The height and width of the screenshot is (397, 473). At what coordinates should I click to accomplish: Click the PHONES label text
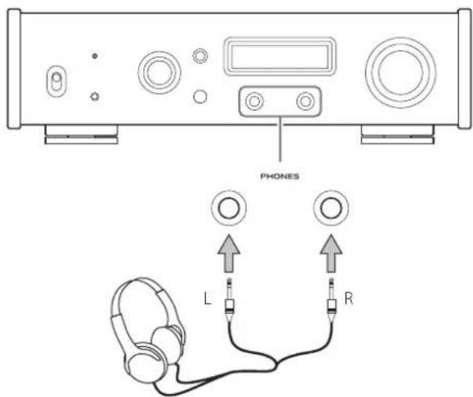pyautogui.click(x=279, y=176)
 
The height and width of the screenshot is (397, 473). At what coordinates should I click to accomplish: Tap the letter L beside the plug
pyautogui.click(x=208, y=299)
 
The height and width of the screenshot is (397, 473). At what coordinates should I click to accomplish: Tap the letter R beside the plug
pyautogui.click(x=348, y=299)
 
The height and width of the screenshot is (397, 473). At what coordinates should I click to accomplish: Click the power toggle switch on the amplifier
pyautogui.click(x=56, y=81)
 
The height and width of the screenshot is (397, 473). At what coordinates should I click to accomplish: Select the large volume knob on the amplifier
pyautogui.click(x=400, y=73)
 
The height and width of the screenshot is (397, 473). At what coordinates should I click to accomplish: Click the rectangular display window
pyautogui.click(x=280, y=56)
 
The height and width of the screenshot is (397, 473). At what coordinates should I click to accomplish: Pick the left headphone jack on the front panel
pyautogui.click(x=254, y=101)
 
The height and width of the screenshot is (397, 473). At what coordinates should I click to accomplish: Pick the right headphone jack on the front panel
pyautogui.click(x=306, y=101)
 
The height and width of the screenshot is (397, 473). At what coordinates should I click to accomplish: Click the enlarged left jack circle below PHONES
pyautogui.click(x=229, y=208)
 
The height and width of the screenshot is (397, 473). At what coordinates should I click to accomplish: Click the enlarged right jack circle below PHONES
pyautogui.click(x=331, y=208)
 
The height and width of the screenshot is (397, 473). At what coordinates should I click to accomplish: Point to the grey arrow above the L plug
pyautogui.click(x=229, y=253)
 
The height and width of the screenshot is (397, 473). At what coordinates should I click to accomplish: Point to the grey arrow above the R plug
pyautogui.click(x=331, y=253)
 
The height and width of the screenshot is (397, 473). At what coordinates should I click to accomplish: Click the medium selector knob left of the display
pyautogui.click(x=159, y=73)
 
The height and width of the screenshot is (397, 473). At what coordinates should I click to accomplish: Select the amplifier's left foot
pyautogui.click(x=81, y=134)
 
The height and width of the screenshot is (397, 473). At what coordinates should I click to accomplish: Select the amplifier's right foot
pyautogui.click(x=397, y=134)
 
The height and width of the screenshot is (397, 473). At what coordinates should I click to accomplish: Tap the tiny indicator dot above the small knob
pyautogui.click(x=94, y=55)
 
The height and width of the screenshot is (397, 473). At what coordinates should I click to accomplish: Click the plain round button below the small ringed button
pyautogui.click(x=200, y=97)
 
